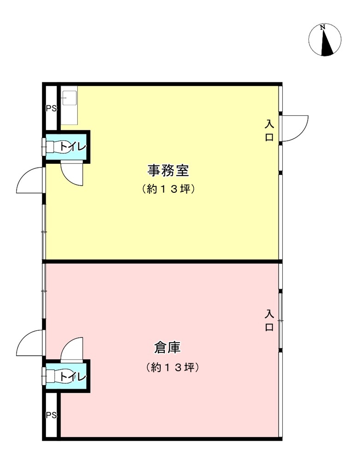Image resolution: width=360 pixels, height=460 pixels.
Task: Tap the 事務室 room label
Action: [168, 171]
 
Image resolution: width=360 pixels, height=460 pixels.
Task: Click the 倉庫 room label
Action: [168, 348]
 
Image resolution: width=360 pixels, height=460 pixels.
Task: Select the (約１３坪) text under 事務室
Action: [168, 189]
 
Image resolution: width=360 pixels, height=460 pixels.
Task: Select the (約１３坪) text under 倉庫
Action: [172, 367]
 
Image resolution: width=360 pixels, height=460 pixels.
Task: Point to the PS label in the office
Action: [51, 109]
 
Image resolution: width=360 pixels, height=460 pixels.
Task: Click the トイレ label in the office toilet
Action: [73, 147]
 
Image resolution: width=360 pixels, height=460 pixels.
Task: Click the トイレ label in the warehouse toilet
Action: [73, 376]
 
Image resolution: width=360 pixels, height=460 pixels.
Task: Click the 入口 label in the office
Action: [269, 130]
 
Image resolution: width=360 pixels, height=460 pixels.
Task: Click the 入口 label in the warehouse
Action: [269, 320]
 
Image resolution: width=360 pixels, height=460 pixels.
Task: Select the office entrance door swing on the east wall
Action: [295, 128]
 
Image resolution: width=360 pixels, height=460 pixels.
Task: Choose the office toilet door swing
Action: [72, 174]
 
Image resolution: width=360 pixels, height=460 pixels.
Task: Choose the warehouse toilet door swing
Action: [72, 349]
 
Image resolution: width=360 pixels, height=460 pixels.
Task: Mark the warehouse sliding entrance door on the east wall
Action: [281, 321]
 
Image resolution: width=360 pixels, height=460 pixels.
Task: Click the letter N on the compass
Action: [323, 27]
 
